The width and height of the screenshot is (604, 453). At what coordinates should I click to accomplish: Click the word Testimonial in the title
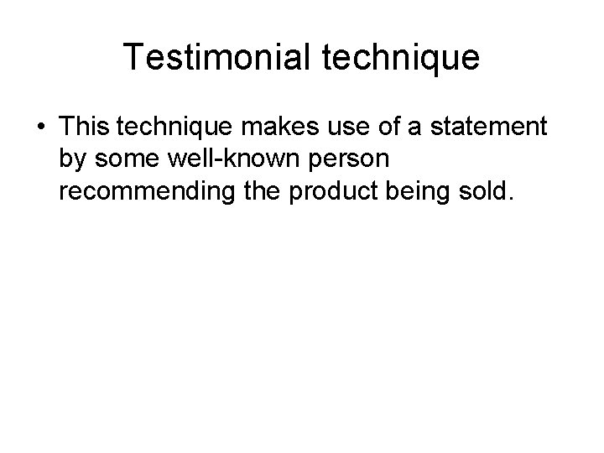[x=219, y=56]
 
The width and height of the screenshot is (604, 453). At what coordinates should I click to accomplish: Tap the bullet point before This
[x=41, y=128]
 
